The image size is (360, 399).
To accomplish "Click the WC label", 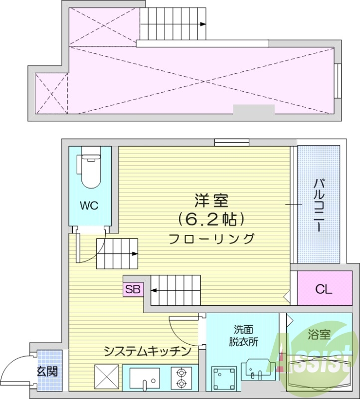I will tap(89, 205).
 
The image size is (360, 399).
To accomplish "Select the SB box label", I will tap(133, 289).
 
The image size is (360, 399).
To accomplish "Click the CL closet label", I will tap(323, 289).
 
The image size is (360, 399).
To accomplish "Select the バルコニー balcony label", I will tap(317, 204).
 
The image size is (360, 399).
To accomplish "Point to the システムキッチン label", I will tap(148, 351).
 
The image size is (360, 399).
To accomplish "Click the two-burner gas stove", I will tap(180, 378).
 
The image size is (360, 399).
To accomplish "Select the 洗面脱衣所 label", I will tap(244, 336).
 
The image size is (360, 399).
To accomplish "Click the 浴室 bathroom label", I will tap(319, 335).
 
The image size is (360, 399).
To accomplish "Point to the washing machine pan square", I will tap(222, 379).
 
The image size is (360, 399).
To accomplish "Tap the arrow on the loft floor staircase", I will tap(202, 23).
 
